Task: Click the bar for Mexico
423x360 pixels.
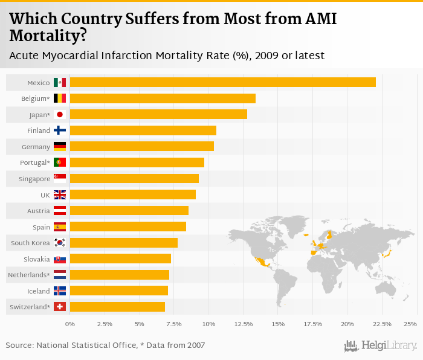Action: [222, 82]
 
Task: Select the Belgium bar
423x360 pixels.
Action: [163, 98]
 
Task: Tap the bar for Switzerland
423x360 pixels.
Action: [117, 307]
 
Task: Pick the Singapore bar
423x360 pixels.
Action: [134, 178]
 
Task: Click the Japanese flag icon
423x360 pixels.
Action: [60, 114]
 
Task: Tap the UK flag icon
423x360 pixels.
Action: [60, 194]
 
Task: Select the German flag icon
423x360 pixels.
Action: [60, 146]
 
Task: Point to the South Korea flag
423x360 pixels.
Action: [60, 243]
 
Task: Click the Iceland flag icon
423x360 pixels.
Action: [60, 291]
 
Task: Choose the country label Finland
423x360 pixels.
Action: [39, 130]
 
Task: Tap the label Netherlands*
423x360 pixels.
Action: [28, 275]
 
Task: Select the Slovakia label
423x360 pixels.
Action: [36, 259]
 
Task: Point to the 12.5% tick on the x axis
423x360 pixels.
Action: [243, 324]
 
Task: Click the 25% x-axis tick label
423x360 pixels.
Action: [410, 324]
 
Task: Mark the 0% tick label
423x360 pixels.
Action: [70, 324]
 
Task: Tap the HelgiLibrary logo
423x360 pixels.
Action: [381, 346]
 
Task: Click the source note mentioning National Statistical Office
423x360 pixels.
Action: [105, 346]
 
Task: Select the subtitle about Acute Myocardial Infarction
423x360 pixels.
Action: [167, 56]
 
